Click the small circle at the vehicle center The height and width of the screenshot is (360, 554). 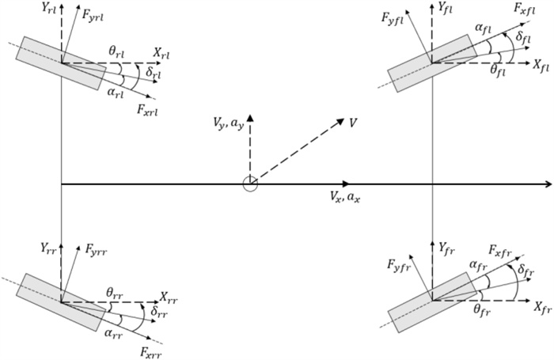(x=249, y=184)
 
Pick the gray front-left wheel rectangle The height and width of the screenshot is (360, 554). (x=432, y=63)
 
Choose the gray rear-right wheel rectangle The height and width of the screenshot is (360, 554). (x=60, y=300)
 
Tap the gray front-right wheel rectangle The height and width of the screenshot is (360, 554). (x=432, y=300)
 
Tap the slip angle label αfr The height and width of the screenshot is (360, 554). (x=479, y=266)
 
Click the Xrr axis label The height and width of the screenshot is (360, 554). (x=169, y=297)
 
